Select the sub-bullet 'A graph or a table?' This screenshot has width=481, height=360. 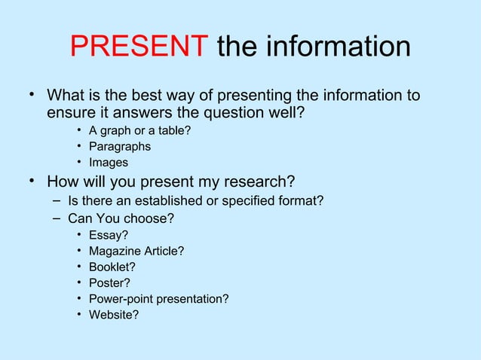point(139,131)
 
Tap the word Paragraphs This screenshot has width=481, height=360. point(119,147)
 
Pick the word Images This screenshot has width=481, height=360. point(109,163)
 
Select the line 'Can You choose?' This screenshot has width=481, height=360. point(121,219)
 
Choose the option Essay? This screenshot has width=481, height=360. point(108,236)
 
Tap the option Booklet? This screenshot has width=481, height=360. point(112,267)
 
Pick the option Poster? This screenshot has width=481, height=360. point(109,283)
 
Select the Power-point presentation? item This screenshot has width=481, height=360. point(158,299)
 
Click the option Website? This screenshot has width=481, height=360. point(113,315)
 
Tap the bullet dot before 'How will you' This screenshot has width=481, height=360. point(32,181)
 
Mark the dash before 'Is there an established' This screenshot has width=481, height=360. point(57,200)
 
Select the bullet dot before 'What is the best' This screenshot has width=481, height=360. point(32,95)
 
